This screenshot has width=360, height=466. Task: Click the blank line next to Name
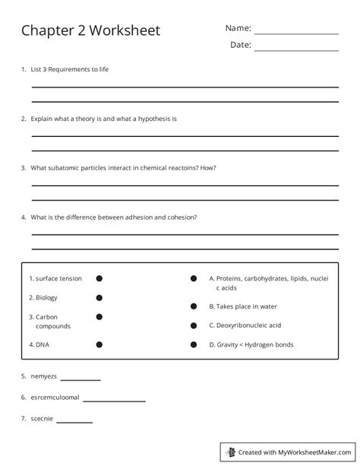tap(295, 33)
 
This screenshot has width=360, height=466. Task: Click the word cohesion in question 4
tap(181, 217)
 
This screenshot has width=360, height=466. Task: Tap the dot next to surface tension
tap(99, 279)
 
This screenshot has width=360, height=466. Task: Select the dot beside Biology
tap(99, 298)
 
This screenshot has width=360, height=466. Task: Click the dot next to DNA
tap(99, 344)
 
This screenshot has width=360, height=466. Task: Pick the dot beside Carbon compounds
tap(99, 316)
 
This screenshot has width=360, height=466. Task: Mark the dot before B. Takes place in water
tap(194, 306)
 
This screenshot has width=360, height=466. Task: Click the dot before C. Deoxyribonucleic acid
tap(194, 325)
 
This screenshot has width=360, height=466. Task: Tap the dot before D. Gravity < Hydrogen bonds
tap(194, 344)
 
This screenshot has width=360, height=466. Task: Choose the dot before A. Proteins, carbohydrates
tap(194, 279)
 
